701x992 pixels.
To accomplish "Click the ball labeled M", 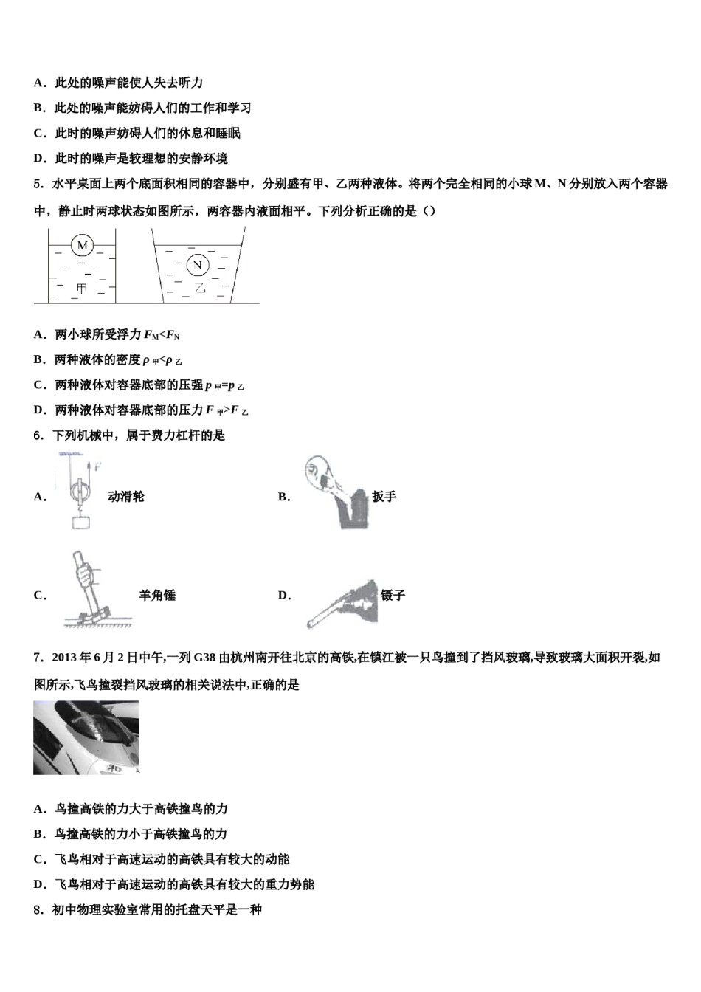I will [x=82, y=245].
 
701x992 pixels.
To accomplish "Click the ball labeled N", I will [x=197, y=265].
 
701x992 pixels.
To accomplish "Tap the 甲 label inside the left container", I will [x=80, y=289].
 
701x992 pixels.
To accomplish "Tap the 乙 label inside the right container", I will [x=198, y=288].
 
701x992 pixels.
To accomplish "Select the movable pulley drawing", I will [x=80, y=491].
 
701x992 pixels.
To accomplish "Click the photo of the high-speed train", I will [x=86, y=737].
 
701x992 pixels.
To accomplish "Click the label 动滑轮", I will [x=126, y=497].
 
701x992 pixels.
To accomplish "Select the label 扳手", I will [x=384, y=497].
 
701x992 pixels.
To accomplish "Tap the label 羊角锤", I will [x=157, y=596].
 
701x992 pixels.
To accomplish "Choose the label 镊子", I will [x=393, y=596].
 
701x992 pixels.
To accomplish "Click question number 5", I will [x=38, y=184].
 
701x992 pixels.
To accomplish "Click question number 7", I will [x=38, y=658].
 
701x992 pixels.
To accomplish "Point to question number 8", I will [x=38, y=910].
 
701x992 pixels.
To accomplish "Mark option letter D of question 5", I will [x=39, y=410].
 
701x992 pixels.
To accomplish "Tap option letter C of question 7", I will [x=39, y=859].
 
